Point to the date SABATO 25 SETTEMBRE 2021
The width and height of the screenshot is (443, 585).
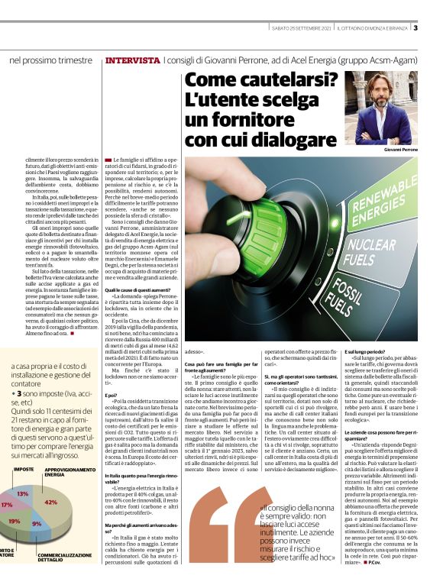pyautogui.click(x=301, y=29)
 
